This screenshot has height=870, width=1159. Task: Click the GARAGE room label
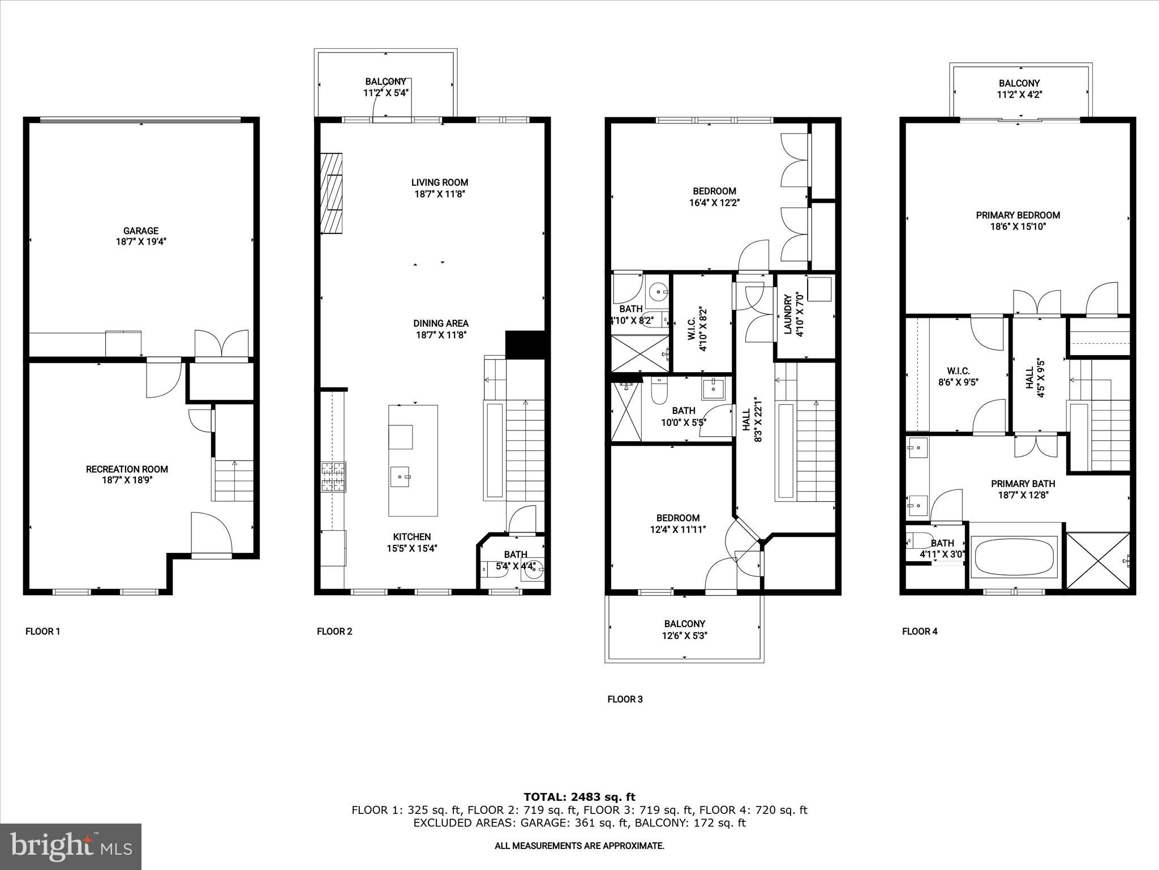click(x=141, y=231)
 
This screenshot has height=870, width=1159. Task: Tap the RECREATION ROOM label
click(x=127, y=469)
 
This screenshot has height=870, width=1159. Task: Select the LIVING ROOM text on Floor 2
click(x=440, y=182)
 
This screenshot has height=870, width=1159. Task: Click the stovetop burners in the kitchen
click(x=333, y=477)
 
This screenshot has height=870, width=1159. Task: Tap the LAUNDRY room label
click(x=787, y=315)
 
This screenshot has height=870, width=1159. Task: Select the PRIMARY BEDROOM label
click(x=1018, y=215)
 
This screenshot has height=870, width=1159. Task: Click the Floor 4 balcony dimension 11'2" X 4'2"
click(x=1019, y=95)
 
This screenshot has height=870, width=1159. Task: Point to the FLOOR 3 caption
click(x=625, y=699)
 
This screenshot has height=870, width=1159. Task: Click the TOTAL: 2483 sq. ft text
click(x=579, y=797)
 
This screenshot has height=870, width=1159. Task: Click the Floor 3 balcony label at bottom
click(x=685, y=624)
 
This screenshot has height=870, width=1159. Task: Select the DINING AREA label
click(x=441, y=323)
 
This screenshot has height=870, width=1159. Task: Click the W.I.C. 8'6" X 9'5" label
click(x=958, y=377)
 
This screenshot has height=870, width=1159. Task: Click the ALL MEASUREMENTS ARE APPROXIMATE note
click(x=579, y=846)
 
